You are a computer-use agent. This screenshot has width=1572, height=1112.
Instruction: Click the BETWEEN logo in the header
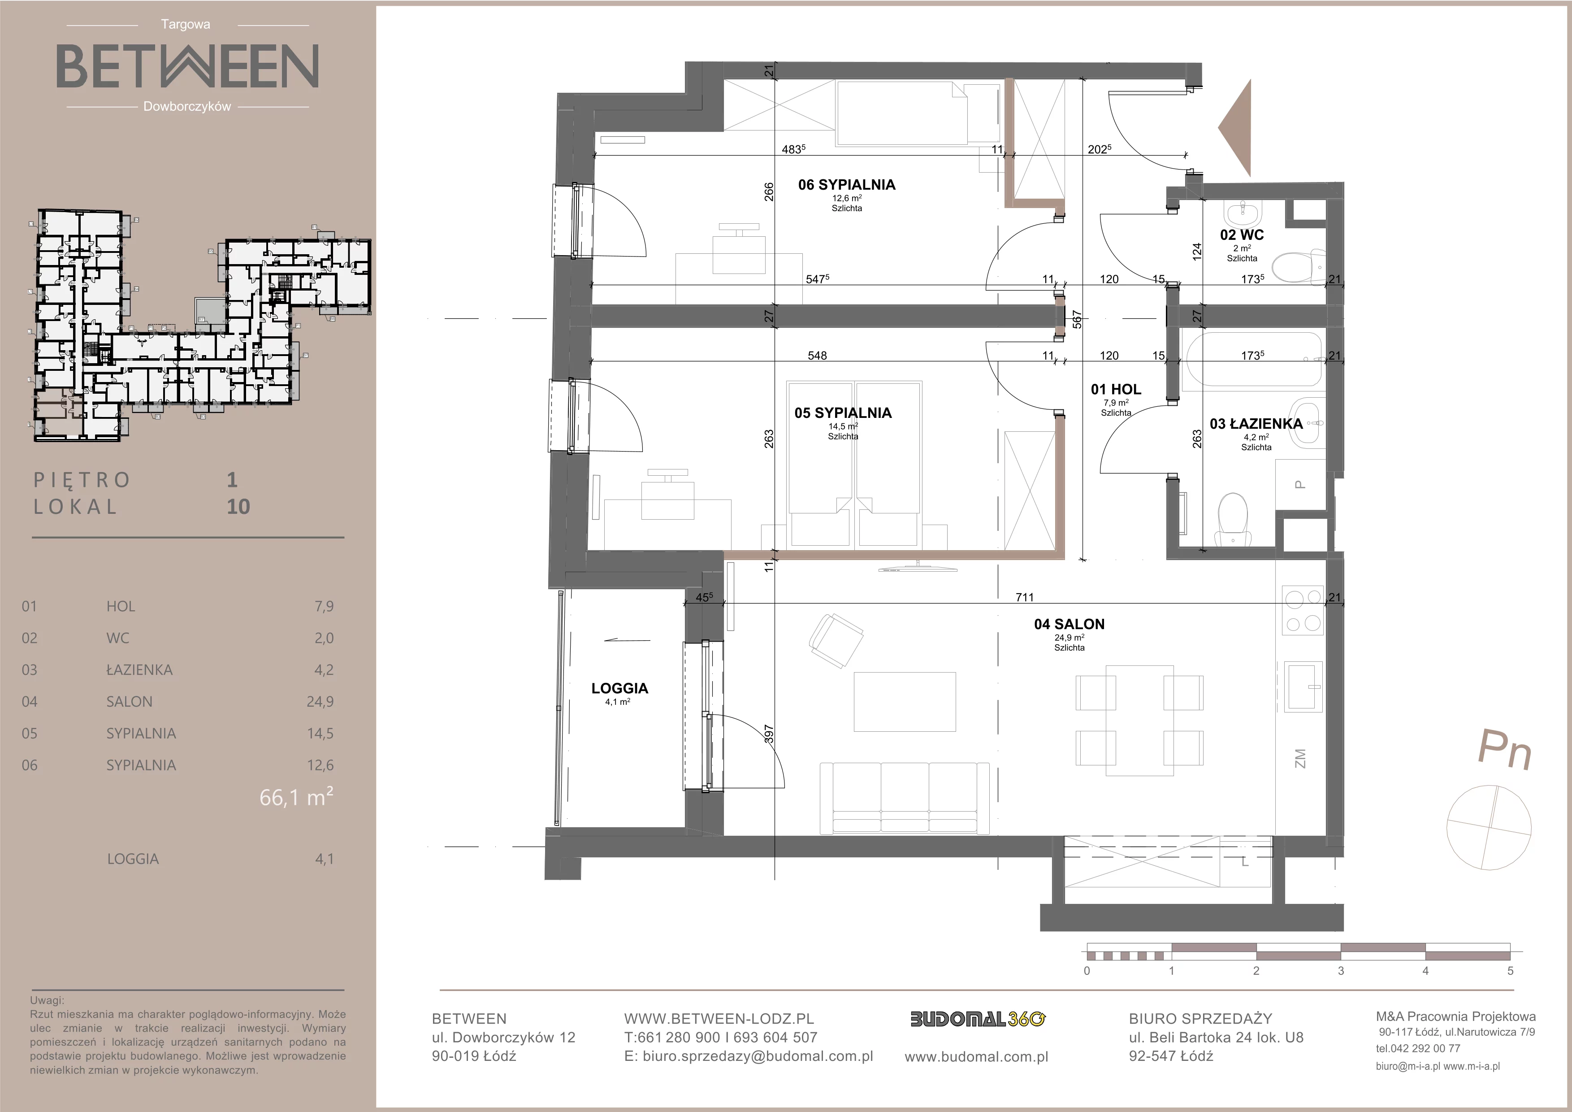pos(187,66)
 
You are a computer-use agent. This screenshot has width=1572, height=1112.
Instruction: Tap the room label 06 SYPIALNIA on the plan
pos(847,184)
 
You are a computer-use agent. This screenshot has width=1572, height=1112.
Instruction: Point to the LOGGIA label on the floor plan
pos(619,688)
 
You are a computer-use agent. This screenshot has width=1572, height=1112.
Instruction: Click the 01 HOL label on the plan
pos(1116,389)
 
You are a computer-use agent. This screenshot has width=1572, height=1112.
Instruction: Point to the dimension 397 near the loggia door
pos(769,735)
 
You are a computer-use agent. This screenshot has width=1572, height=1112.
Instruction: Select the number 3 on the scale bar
pos(1341,970)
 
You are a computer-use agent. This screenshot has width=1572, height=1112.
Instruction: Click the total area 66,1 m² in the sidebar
pos(296,797)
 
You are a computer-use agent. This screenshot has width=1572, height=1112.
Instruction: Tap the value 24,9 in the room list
pos(323,701)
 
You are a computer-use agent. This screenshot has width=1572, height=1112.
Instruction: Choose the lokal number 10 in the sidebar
pos(238,507)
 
